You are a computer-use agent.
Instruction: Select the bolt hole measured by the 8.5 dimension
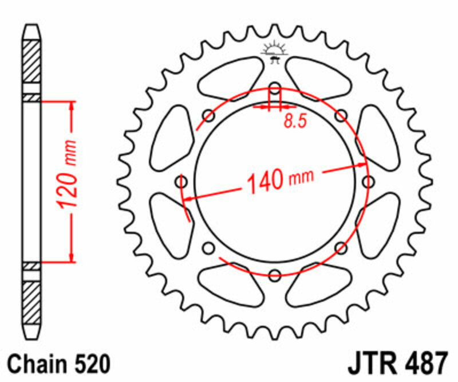[x=275, y=89]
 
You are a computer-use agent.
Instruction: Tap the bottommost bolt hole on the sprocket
[x=275, y=274]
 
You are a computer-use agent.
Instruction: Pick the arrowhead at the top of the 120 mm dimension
[x=72, y=107]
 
